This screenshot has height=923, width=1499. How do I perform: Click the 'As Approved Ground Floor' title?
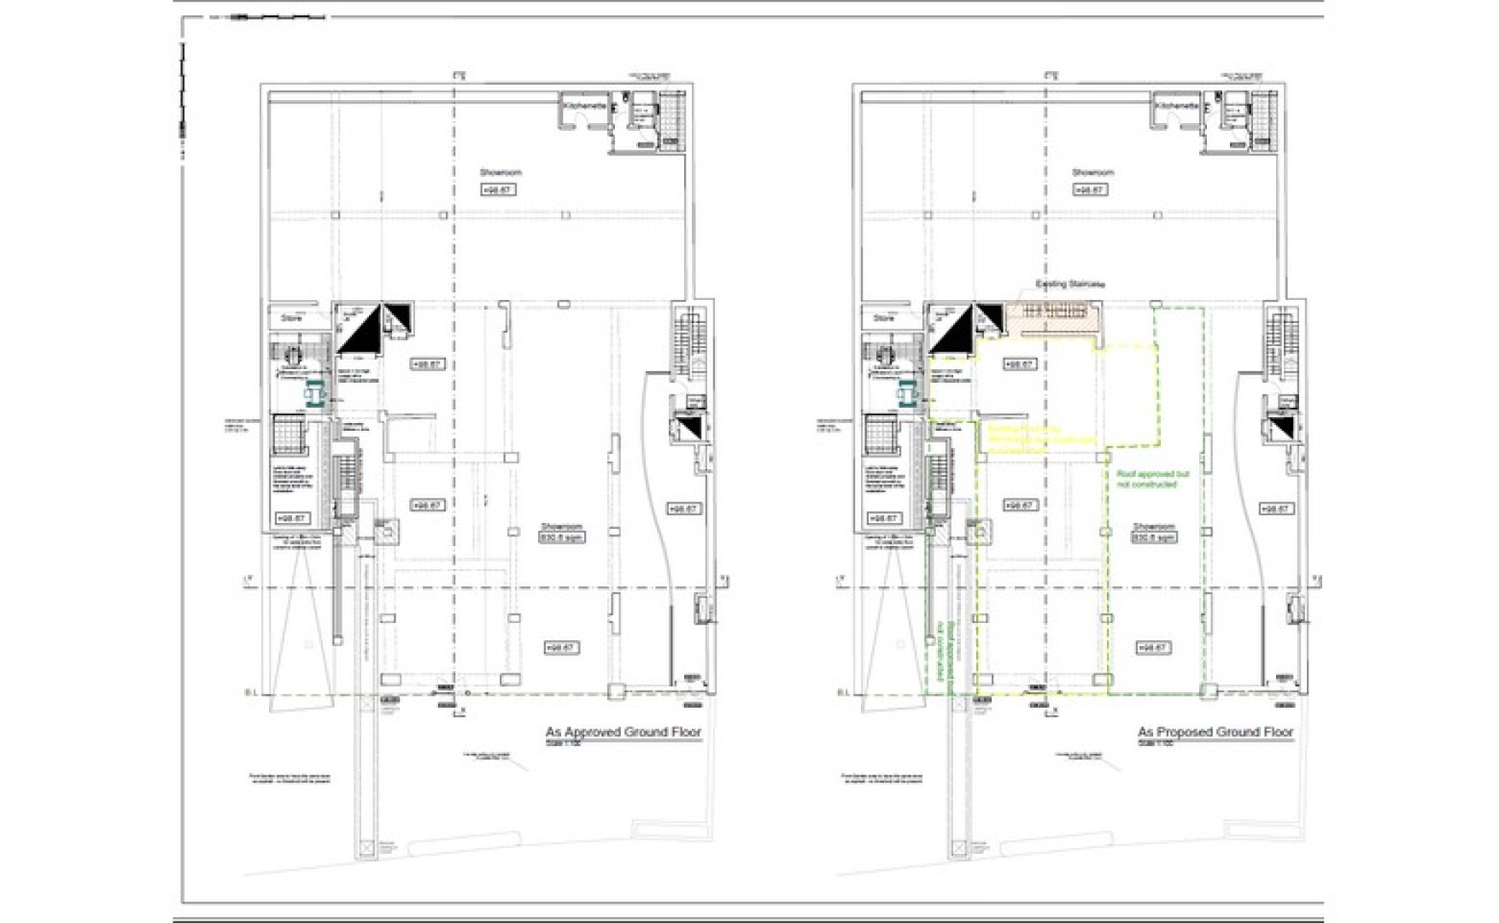pyautogui.click(x=623, y=732)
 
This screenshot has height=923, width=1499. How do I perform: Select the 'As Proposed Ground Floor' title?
pyautogui.click(x=1215, y=732)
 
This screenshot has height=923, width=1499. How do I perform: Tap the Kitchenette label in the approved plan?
pyautogui.click(x=584, y=105)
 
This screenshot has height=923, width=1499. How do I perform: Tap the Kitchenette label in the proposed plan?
pyautogui.click(x=1177, y=105)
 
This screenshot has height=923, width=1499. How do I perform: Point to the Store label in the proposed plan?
pyautogui.click(x=883, y=318)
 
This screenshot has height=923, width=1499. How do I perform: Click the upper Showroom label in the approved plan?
pyautogui.click(x=500, y=173)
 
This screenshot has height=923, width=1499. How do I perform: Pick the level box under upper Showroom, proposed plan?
pyautogui.click(x=1091, y=190)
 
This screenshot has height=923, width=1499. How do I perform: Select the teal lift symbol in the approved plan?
pyautogui.click(x=313, y=392)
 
